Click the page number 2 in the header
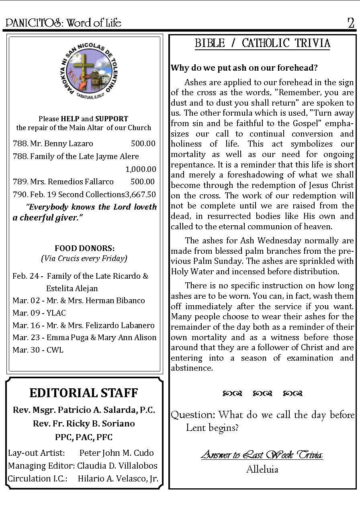point(351,23)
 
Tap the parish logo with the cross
point(84,74)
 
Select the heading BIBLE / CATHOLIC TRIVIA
point(262,43)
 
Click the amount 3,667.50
point(141,194)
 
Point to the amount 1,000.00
point(141,169)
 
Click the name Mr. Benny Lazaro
point(61,143)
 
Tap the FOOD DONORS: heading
point(84,248)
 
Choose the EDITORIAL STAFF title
point(84,393)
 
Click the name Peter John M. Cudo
point(117,453)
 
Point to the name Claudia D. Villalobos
point(117,466)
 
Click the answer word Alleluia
point(262,469)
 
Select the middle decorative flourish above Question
point(262,394)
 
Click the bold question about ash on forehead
point(244,67)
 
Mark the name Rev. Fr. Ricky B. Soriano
point(84,424)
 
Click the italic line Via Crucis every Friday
point(84,258)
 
